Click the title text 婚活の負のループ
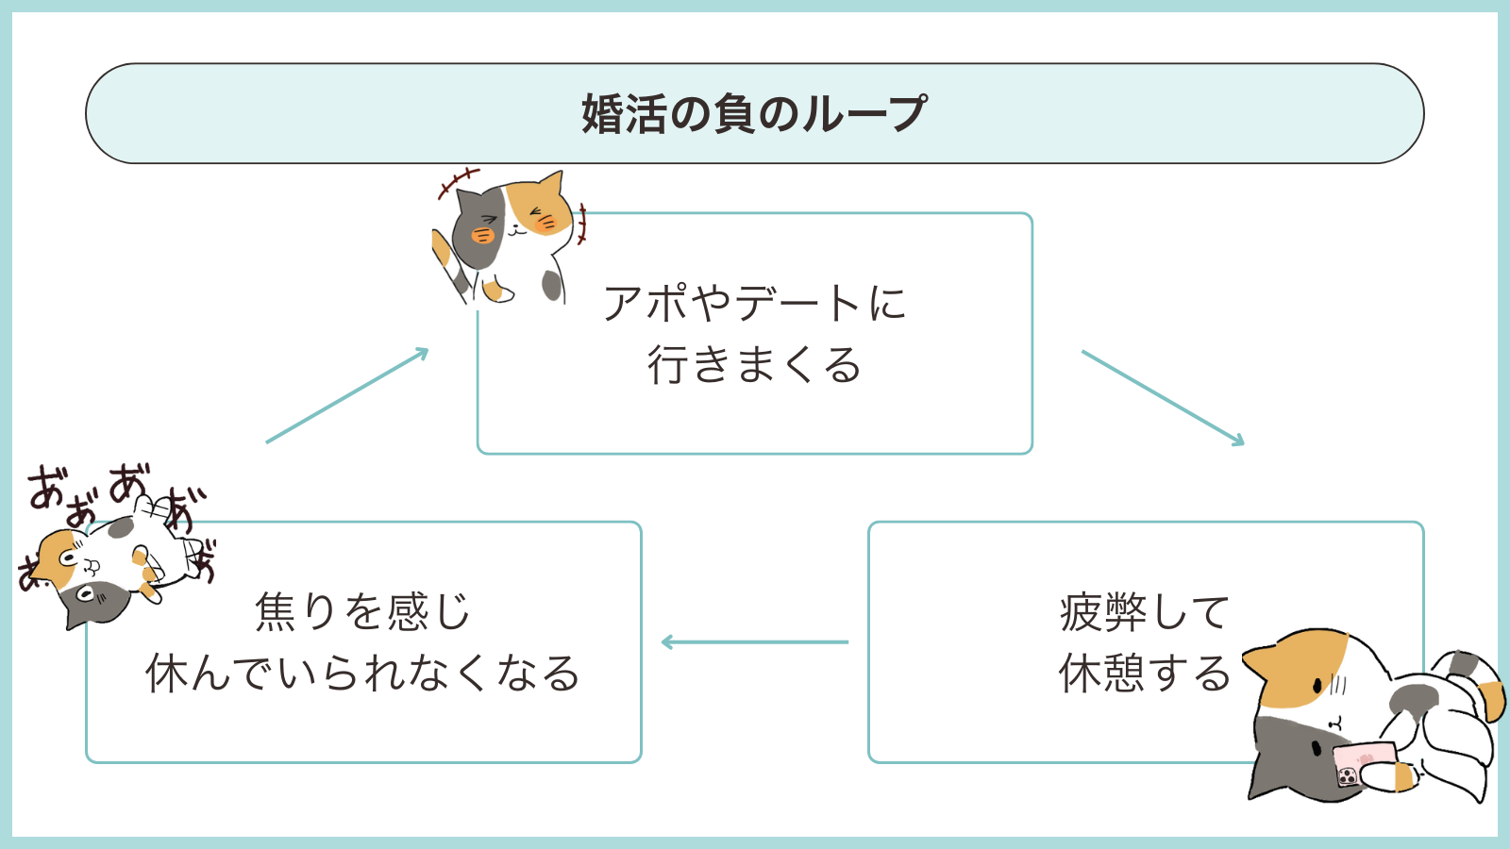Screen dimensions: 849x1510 [x=754, y=114]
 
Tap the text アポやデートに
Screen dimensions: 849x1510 [x=754, y=304]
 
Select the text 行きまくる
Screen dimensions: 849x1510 [x=754, y=365]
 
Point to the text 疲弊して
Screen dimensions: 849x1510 [x=1144, y=612]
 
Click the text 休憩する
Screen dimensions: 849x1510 [x=1144, y=674]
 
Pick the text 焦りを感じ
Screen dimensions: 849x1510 [x=362, y=612]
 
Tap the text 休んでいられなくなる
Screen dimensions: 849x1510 [x=362, y=674]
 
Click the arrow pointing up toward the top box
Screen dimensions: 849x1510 [x=347, y=395]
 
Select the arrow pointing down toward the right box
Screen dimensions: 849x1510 [x=1163, y=397]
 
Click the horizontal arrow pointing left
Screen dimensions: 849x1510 [x=754, y=642]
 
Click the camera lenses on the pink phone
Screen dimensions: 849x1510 [x=1348, y=776]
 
